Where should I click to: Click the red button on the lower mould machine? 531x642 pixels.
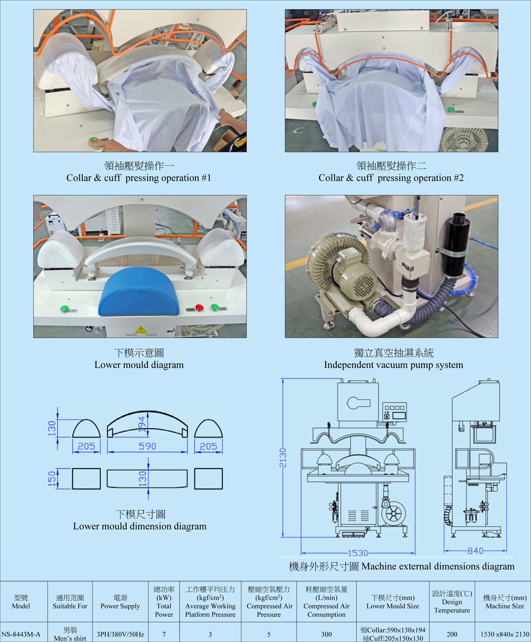(x=199, y=307)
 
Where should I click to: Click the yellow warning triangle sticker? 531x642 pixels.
(x=141, y=330)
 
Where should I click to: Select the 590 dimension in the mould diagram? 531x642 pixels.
(x=147, y=446)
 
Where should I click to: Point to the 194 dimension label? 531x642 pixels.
(x=141, y=424)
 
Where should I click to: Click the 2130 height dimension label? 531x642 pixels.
(x=283, y=458)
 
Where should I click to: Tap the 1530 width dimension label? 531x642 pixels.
(x=358, y=553)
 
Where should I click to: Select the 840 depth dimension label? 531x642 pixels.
(x=475, y=551)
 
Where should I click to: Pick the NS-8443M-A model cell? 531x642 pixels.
(x=21, y=634)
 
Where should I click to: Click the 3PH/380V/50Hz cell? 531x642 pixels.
(x=120, y=634)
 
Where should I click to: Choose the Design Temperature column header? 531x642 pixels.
(x=452, y=602)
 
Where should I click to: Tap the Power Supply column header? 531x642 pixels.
(x=120, y=602)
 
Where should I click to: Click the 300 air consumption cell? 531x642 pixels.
(x=326, y=634)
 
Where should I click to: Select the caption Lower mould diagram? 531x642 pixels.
(x=139, y=365)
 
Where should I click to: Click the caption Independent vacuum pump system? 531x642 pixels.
(x=393, y=365)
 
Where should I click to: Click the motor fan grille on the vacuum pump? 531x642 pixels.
(x=364, y=280)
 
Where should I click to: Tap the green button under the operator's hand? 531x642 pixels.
(x=94, y=140)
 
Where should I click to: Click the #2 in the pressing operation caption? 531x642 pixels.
(x=458, y=178)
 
